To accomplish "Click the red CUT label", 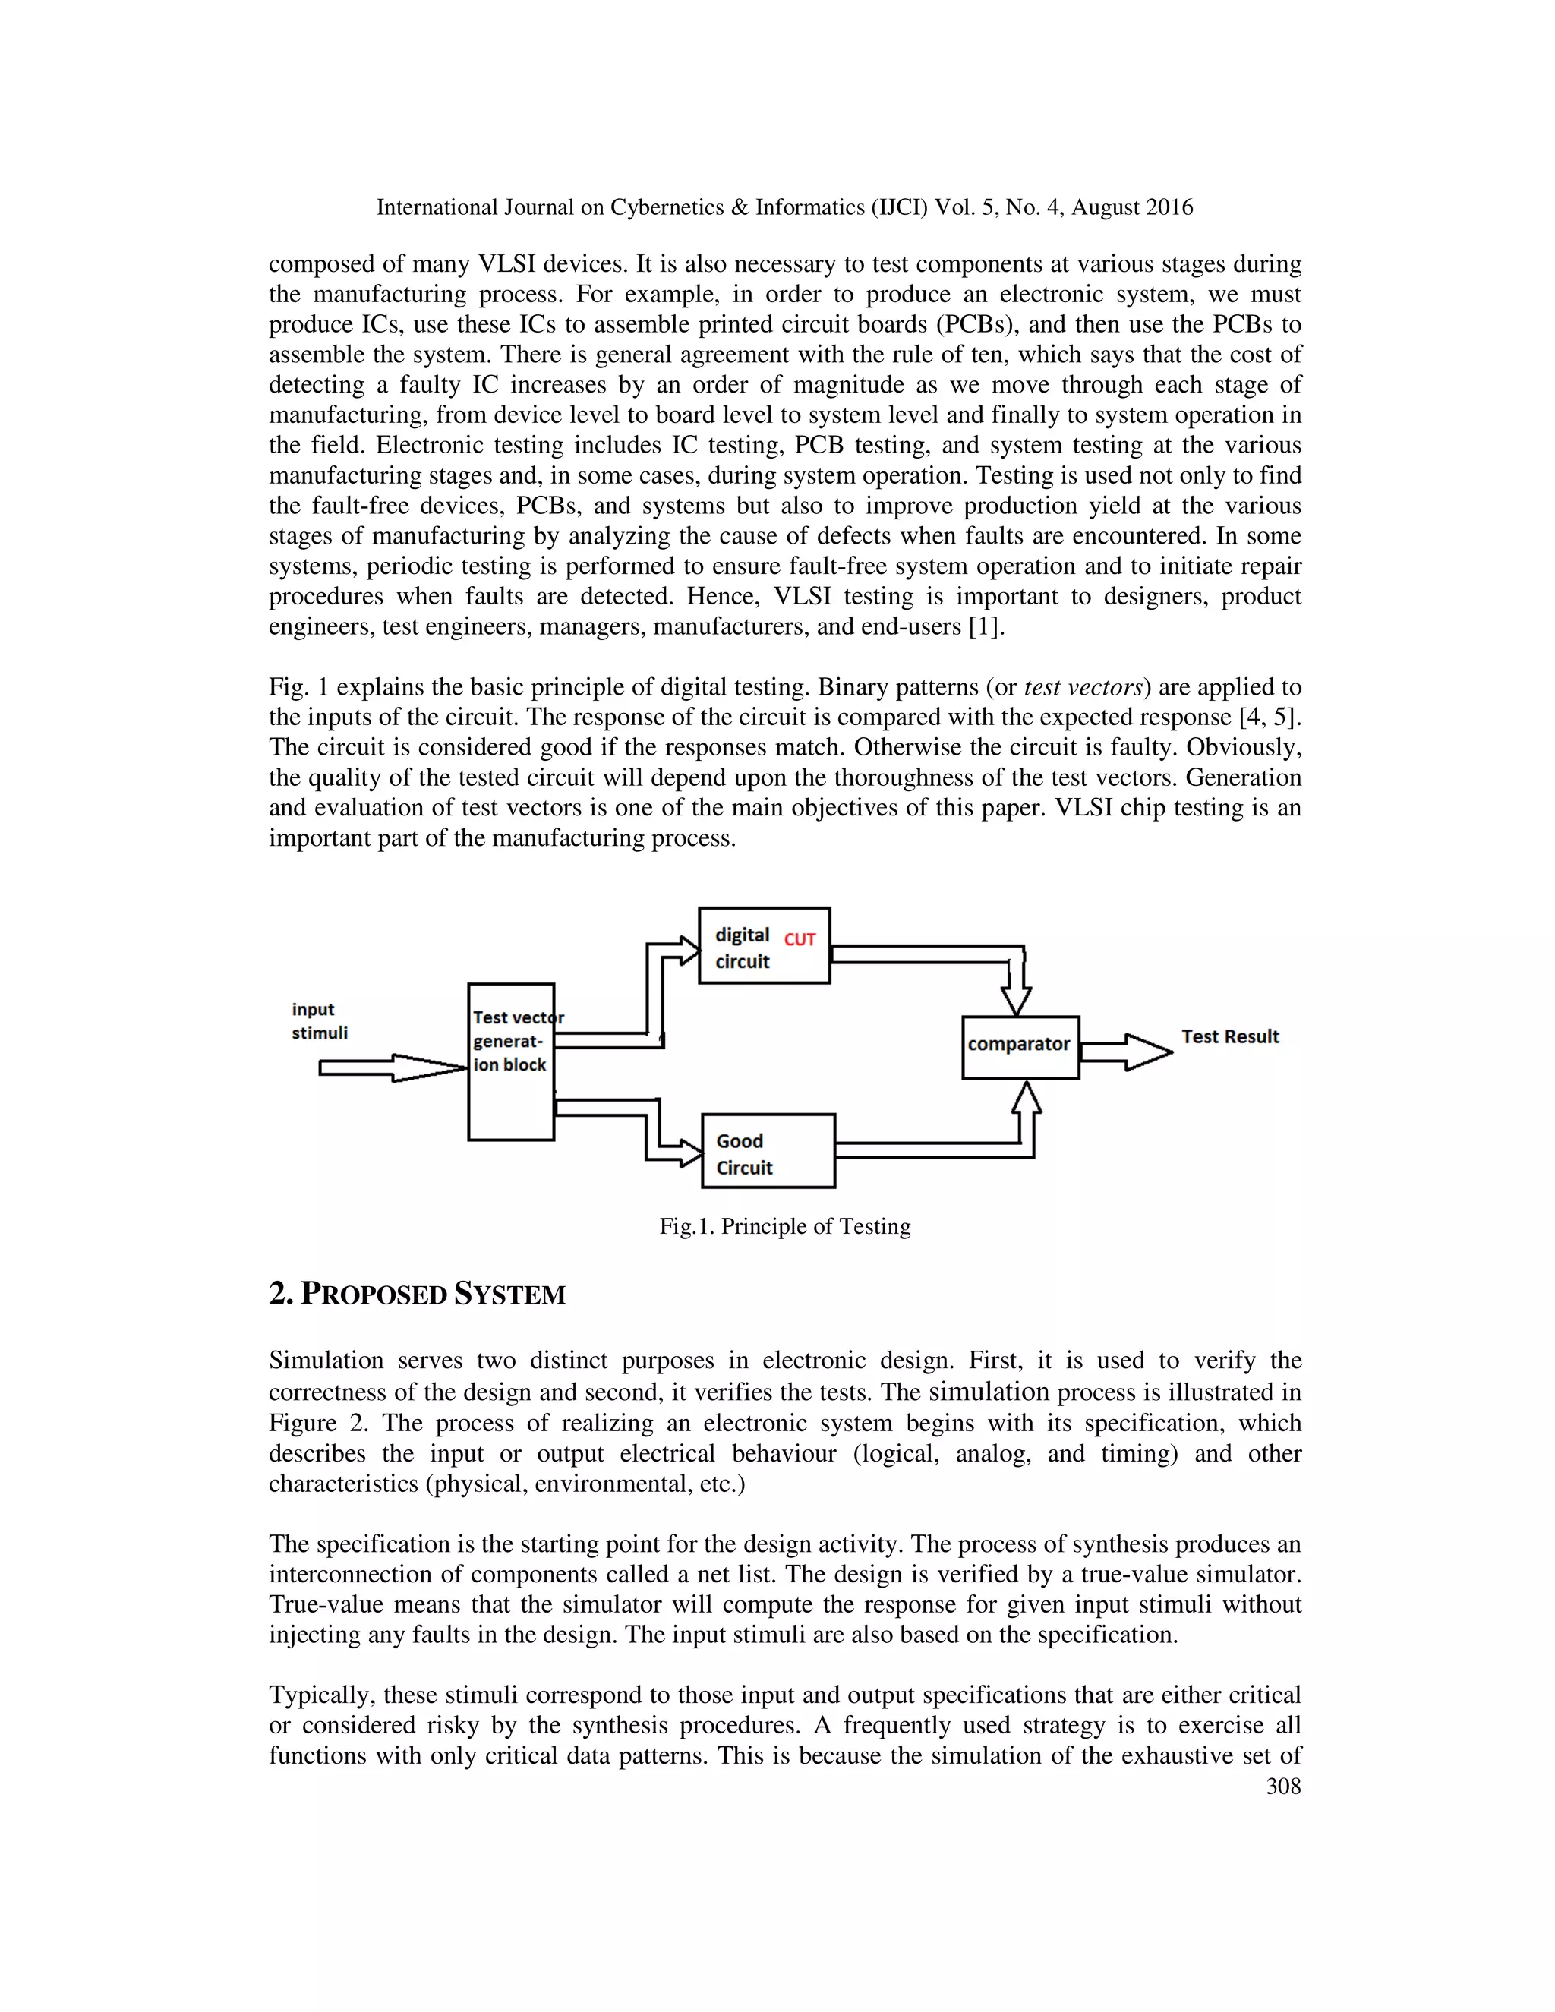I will point(800,940).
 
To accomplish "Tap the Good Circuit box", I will point(768,1152).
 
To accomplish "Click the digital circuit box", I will point(764,946).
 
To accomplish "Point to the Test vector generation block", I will point(510,1061).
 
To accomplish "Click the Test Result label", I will point(1230,1036).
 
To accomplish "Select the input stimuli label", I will point(320,1020).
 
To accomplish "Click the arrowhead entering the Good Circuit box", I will point(691,1153).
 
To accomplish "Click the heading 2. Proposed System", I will point(418,1295).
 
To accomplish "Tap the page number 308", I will point(1283,1787).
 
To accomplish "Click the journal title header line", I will point(784,207).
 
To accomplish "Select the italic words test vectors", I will point(1083,687).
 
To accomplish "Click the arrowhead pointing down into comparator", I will point(1016,1001).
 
